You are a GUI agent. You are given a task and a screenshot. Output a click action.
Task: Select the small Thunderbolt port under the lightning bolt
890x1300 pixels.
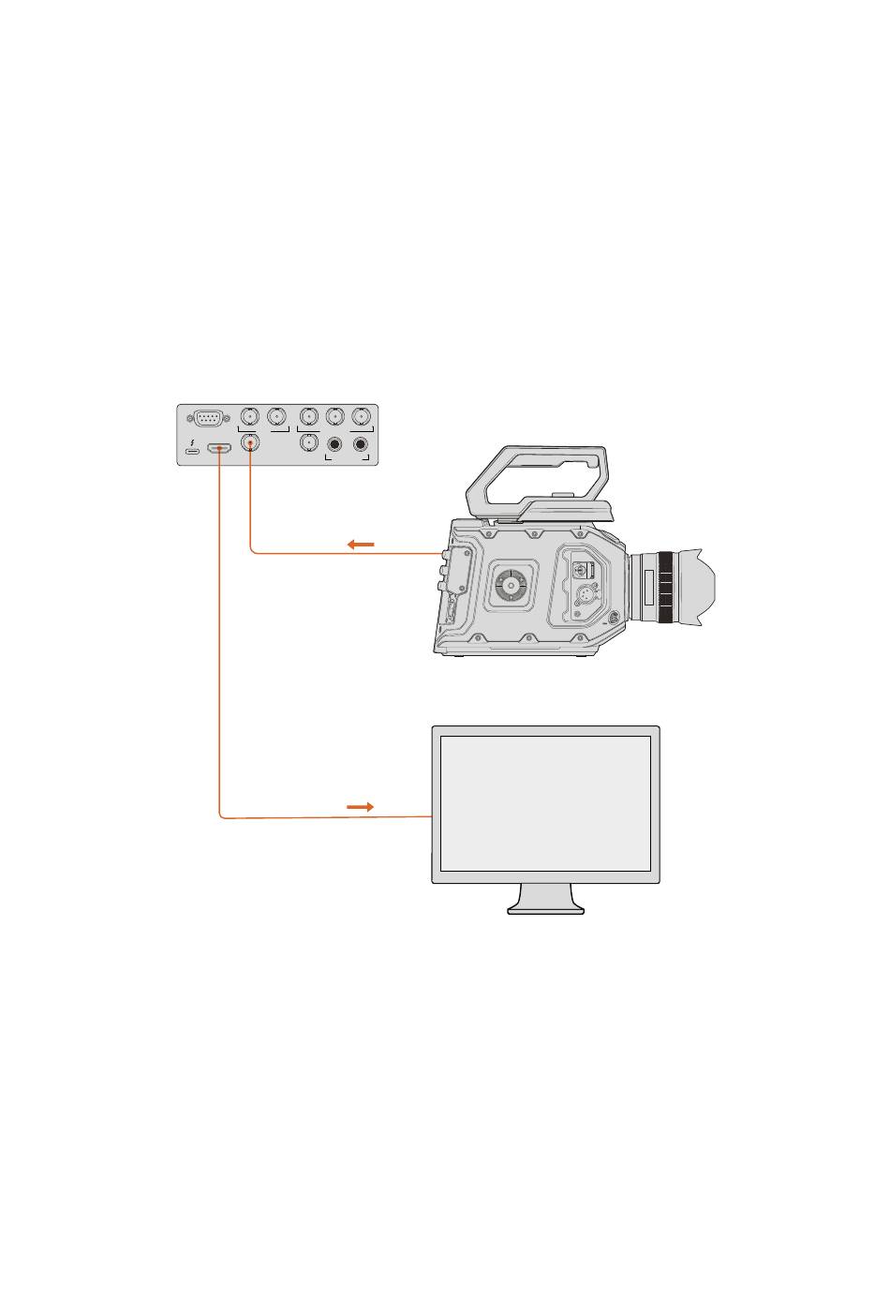coord(192,452)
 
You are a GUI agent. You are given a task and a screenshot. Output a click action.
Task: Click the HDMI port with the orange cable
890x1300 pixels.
coord(219,449)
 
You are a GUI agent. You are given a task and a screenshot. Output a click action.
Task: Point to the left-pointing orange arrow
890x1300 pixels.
coord(361,545)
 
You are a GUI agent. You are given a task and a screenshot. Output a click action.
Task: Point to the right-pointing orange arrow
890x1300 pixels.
coord(361,806)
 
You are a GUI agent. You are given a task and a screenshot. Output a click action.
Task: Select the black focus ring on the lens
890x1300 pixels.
coord(665,588)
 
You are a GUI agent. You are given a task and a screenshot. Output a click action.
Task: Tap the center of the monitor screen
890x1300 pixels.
coord(545,803)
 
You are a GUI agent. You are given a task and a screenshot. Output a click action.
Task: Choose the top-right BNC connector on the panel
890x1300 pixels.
coord(361,416)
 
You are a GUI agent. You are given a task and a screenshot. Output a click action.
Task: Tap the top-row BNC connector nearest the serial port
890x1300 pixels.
coord(249,416)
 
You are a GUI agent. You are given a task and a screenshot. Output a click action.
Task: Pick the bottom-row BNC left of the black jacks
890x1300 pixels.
coord(306,443)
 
